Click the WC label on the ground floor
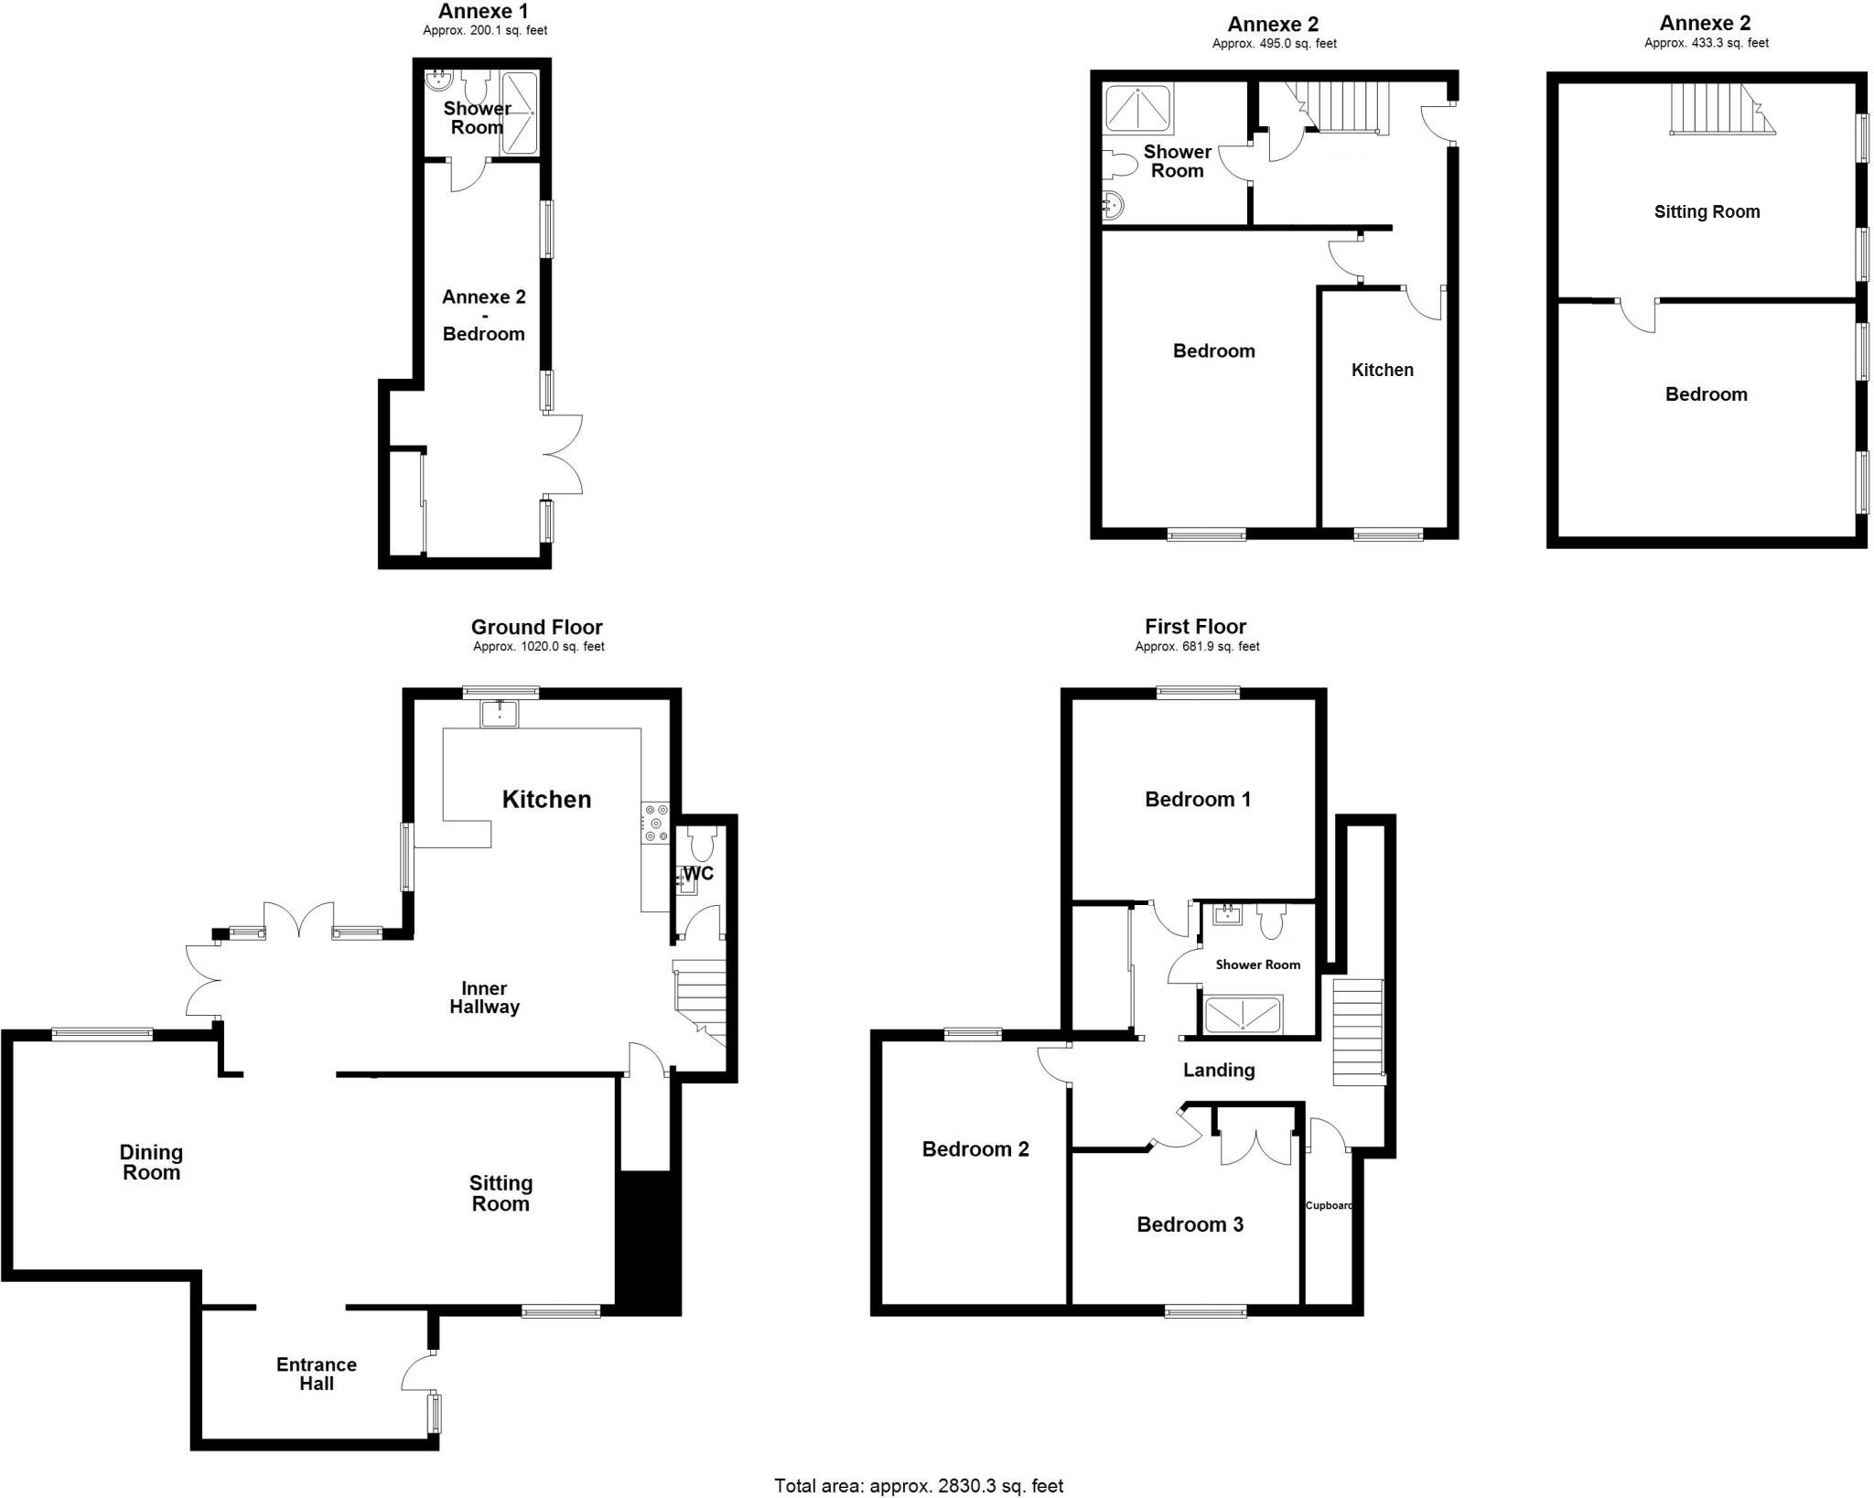[x=698, y=873]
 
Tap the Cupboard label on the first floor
[x=1329, y=1205]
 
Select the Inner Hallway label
[x=484, y=997]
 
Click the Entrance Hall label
[x=317, y=1374]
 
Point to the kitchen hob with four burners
[x=656, y=823]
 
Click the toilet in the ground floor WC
[x=703, y=842]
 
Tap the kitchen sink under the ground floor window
[x=499, y=714]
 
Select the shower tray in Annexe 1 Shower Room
[x=518, y=112]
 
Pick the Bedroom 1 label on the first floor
[x=1197, y=800]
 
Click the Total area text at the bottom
[x=919, y=1486]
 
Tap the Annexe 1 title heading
[x=483, y=12]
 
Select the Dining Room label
[x=151, y=1162]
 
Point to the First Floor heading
[x=1195, y=627]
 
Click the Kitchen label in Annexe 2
[x=1382, y=370]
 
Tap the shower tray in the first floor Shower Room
[x=1243, y=1015]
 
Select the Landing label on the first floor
[x=1218, y=1070]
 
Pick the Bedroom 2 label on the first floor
[x=975, y=1149]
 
